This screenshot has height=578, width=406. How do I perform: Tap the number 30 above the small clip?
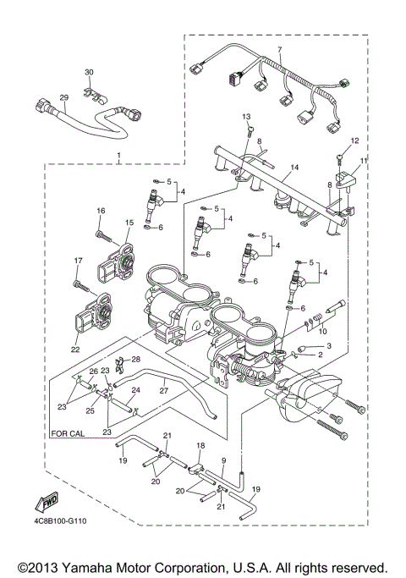[90, 72]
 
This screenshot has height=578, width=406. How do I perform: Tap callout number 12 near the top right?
[354, 140]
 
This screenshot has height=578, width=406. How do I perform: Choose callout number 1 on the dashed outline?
[119, 156]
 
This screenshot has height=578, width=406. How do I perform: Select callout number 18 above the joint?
[200, 445]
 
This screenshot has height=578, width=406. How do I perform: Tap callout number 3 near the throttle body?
[320, 347]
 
